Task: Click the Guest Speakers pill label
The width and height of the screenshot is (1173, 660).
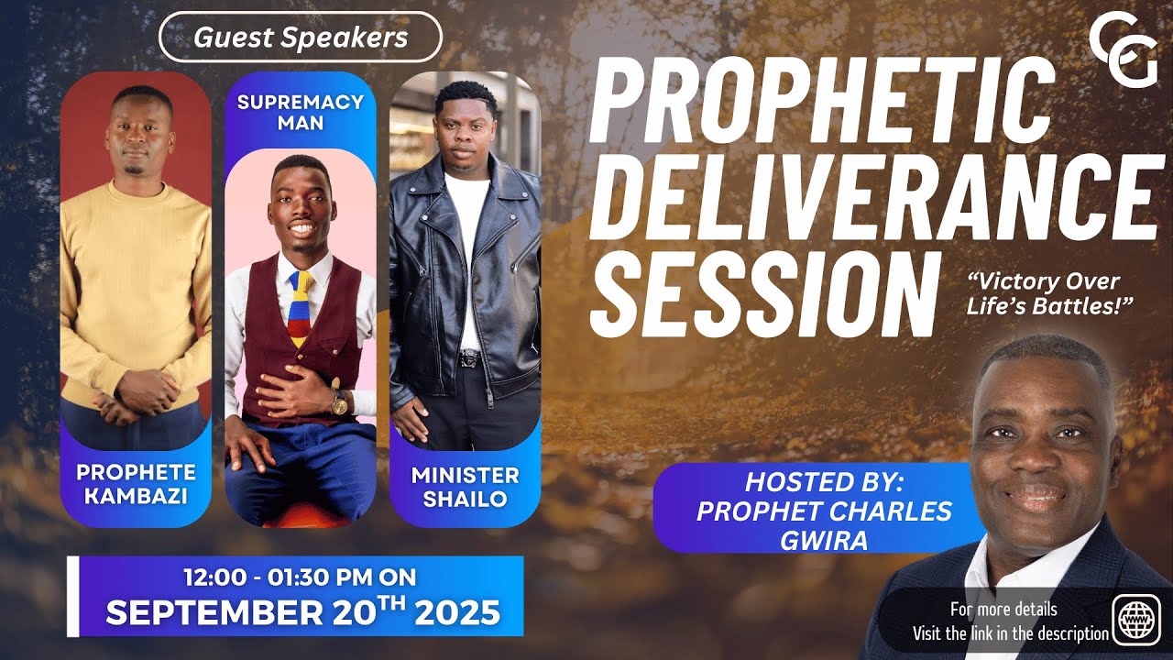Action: pos(301,38)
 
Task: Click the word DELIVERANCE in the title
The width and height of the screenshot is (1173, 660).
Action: pos(871,196)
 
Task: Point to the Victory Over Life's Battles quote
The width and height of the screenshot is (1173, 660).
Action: pos(1044,294)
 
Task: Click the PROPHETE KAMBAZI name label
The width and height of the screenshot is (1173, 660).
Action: pos(136,484)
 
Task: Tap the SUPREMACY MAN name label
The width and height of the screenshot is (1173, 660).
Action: pos(300,111)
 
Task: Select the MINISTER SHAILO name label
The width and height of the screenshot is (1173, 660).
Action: pos(465,487)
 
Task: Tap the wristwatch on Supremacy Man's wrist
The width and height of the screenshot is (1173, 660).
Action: pos(339,402)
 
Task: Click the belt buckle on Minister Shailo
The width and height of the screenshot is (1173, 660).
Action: pos(468,358)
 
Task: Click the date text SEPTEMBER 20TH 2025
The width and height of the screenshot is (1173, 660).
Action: pos(302,612)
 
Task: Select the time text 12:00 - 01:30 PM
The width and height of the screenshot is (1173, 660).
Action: pos(300,577)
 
